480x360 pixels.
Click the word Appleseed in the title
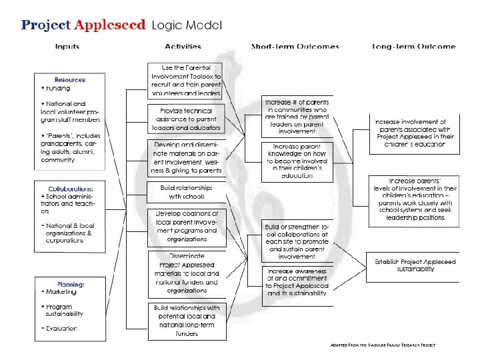click(x=110, y=25)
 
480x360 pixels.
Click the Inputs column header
click(x=67, y=47)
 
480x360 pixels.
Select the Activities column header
click(x=183, y=47)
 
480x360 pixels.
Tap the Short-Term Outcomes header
click(x=295, y=47)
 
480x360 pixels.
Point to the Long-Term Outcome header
click(x=413, y=47)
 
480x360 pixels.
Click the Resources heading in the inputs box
click(x=70, y=80)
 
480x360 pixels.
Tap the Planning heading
click(x=71, y=284)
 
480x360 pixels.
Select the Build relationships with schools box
click(x=183, y=192)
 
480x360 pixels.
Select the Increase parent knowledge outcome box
click(x=296, y=161)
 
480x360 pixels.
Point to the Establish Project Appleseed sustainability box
click(x=413, y=265)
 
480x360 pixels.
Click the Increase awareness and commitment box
click(x=296, y=282)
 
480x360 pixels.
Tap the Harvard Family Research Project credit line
click(x=383, y=345)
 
